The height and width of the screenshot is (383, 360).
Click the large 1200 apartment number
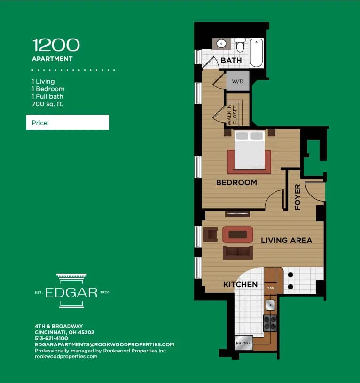click(x=56, y=46)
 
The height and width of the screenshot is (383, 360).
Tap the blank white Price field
click(x=68, y=122)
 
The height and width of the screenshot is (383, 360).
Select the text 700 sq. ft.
click(x=47, y=104)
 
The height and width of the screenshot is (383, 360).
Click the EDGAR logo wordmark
click(x=71, y=292)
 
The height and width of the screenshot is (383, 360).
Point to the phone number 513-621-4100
click(x=51, y=338)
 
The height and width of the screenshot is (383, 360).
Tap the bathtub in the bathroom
click(x=256, y=53)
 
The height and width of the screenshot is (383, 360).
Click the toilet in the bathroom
click(x=240, y=45)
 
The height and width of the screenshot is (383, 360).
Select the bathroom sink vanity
click(x=221, y=44)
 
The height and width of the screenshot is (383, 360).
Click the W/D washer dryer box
click(x=237, y=81)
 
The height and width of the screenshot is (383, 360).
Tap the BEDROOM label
click(x=236, y=182)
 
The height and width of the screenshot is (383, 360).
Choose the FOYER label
click(x=297, y=197)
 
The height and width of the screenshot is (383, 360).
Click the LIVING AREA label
click(x=286, y=240)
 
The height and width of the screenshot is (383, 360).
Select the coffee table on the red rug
click(x=237, y=234)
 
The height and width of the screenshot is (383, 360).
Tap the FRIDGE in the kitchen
click(x=243, y=344)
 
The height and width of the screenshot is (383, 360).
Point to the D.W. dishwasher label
click(x=270, y=288)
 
